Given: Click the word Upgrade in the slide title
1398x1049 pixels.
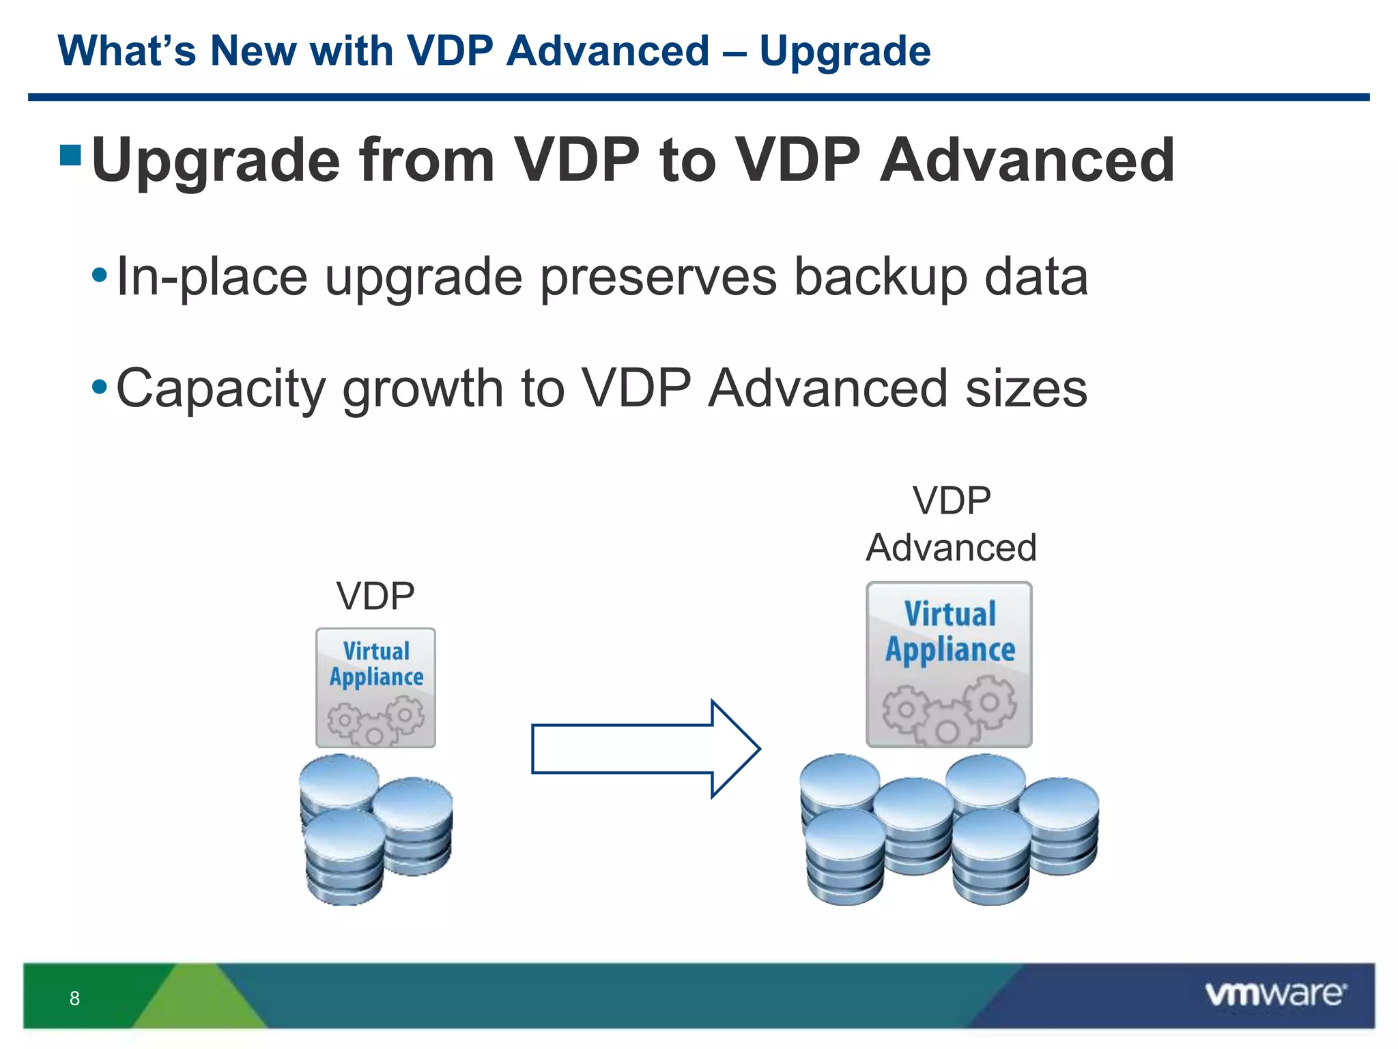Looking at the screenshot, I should (x=844, y=52).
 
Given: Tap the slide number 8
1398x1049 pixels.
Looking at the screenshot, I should (x=74, y=998).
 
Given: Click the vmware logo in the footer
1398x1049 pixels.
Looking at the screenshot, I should (x=1275, y=994).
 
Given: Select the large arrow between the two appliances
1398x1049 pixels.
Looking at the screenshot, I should (x=644, y=749).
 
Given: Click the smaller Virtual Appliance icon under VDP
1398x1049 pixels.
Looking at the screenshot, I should (x=375, y=688).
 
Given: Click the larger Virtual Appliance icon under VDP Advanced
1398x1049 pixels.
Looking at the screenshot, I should (x=949, y=665).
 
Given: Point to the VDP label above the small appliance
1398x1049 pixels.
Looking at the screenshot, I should (x=375, y=596).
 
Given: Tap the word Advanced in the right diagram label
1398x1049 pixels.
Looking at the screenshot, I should (x=951, y=548).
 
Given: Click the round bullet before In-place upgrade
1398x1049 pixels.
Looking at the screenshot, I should (x=100, y=276).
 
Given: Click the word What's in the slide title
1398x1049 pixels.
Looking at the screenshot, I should (x=127, y=52).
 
